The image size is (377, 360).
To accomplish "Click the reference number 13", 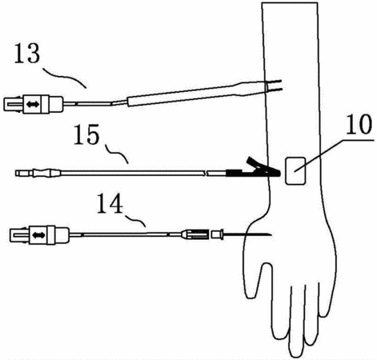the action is pos(27,54).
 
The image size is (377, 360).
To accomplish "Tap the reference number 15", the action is pos(86,134).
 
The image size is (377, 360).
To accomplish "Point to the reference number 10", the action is pos(359,125).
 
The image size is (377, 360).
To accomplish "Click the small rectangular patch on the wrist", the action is pos(295,170).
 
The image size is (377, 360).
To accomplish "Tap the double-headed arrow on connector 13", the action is pos(33,105).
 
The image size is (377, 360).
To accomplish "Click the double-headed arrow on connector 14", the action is pos(38,235).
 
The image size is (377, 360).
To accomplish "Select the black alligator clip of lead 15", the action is pos(254,169).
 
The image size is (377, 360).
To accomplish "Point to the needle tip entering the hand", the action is pos(271,235).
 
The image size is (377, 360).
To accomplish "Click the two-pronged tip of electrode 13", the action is pos(274,86).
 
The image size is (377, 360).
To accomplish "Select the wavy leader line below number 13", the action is pos(65,77).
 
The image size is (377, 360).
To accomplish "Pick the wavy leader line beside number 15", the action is pos(117,154).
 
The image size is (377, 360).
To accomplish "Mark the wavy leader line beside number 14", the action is pos(135,221).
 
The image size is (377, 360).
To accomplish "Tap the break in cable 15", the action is pos(206,174).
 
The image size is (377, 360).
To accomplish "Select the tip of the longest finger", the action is pos(296,356).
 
